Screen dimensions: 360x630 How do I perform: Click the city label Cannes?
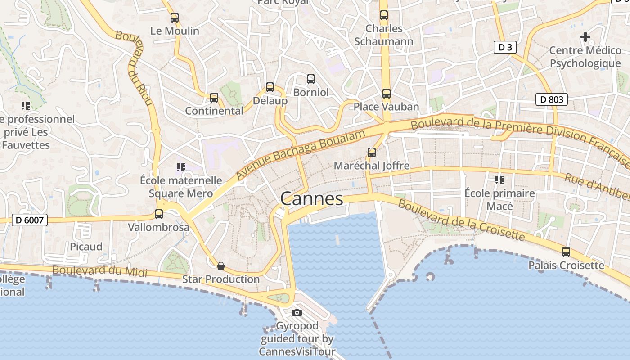tap(311, 198)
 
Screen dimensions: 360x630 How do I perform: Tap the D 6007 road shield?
tap(29, 220)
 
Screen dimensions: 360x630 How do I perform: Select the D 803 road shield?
tap(551, 99)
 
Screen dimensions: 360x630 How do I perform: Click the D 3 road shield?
tap(504, 47)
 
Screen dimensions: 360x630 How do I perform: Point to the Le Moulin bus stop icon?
tap(175, 18)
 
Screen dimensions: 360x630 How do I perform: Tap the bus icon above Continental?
tap(214, 98)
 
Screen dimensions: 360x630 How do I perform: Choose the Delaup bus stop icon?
tap(270, 87)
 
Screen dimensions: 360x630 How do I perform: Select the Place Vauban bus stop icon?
tap(387, 94)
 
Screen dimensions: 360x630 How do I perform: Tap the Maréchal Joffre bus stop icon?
tap(372, 153)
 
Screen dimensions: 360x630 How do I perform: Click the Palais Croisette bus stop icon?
tap(566, 252)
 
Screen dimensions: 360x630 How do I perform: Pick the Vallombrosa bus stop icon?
tap(159, 214)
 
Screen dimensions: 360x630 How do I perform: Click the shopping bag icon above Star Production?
tap(221, 266)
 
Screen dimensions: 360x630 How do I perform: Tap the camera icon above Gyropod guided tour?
tap(297, 312)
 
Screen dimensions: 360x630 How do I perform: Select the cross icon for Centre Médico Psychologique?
tap(585, 36)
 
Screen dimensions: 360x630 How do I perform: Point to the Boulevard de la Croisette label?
tap(461, 220)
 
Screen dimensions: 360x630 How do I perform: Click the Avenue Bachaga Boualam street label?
tap(301, 153)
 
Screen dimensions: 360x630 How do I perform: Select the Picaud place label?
tap(86, 247)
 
